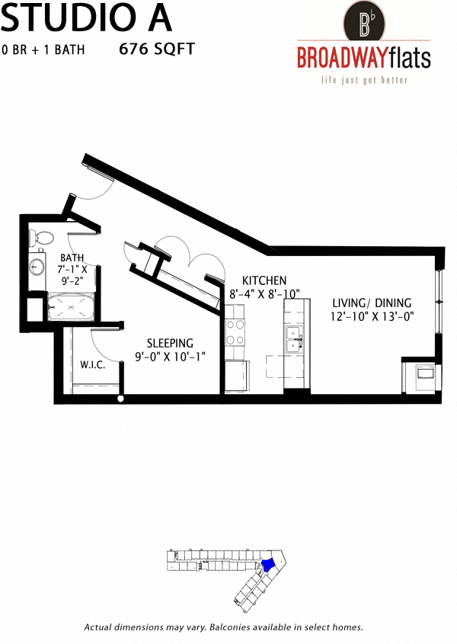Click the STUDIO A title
coord(85,17)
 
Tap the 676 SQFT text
coord(158,50)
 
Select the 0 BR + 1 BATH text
coord(43,50)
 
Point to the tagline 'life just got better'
coord(363,80)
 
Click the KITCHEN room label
coord(264,280)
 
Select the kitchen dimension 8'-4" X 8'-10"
coord(265,293)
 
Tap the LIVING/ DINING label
coord(372,303)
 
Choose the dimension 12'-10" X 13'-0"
coord(372,316)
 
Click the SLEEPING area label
coord(170,344)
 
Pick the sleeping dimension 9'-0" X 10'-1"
coord(170,357)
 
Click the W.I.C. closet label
coord(92,365)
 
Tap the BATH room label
coord(72,258)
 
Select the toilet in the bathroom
coord(42,237)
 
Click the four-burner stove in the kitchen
coord(235,333)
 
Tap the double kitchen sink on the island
coord(293,341)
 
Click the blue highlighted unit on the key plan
coord(267,566)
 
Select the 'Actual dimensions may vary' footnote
coord(223,627)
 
